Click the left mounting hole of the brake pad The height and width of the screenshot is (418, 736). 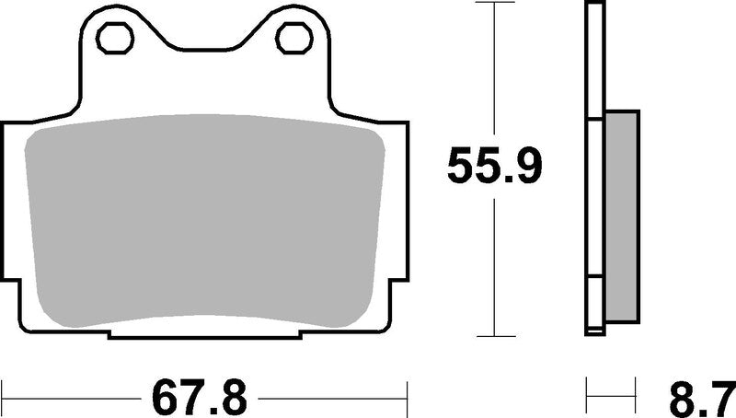tap(116, 38)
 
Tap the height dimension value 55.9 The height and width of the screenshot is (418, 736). tap(495, 166)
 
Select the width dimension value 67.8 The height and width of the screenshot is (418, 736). tap(201, 398)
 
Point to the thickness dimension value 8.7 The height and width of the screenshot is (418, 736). tap(704, 398)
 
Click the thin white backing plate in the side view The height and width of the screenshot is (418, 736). tap(593, 166)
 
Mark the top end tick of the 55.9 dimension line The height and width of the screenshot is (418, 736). tap(495, 4)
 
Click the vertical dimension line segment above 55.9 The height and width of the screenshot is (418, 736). tap(495, 74)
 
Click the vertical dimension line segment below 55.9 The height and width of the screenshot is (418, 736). tap(495, 267)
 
